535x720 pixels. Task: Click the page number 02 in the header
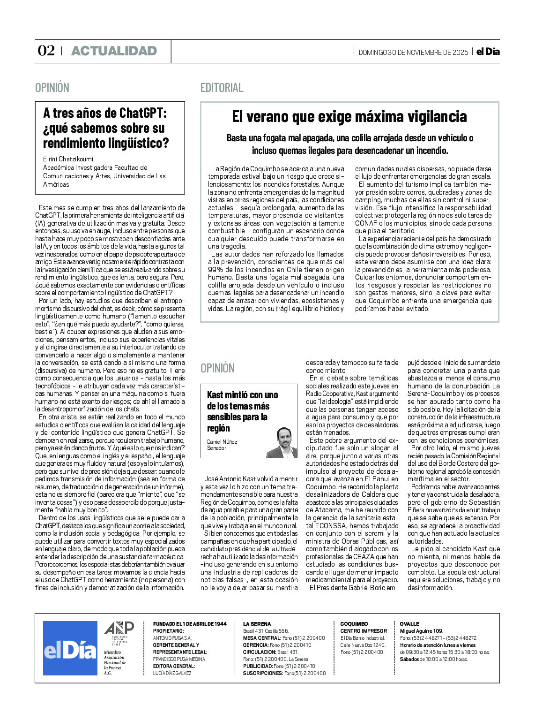(46, 51)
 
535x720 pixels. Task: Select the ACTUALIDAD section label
(114, 51)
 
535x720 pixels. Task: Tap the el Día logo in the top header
(488, 52)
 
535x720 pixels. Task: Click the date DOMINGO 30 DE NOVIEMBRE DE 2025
(413, 52)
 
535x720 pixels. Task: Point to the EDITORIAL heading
(222, 88)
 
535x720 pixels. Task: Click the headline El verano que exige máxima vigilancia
(349, 116)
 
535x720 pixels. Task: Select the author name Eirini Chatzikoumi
(68, 159)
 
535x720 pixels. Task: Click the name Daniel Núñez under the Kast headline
(222, 442)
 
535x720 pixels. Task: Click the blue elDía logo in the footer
(70, 648)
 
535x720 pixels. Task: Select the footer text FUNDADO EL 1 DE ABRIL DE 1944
(190, 624)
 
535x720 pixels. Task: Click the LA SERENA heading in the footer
(257, 624)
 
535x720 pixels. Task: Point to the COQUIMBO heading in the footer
(354, 624)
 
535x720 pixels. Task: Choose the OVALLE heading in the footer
(409, 624)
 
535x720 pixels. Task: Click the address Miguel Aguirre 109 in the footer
(421, 631)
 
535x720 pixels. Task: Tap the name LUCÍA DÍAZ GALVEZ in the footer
(172, 673)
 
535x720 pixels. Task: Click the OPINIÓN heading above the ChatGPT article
(52, 88)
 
